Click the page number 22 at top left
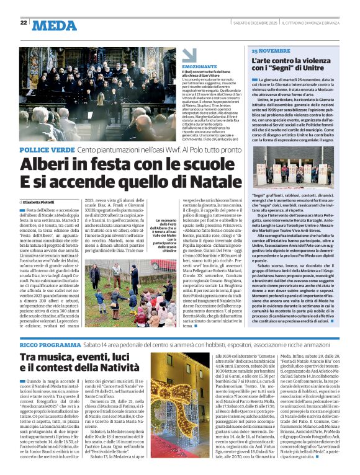click(x=24, y=22)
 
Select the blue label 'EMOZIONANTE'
click(x=196, y=66)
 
